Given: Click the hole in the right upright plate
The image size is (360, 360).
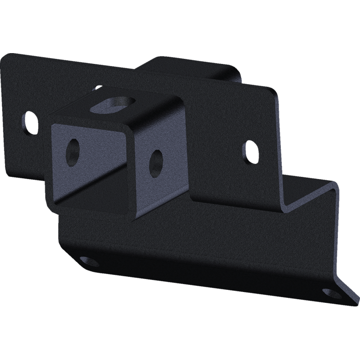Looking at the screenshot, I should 250,151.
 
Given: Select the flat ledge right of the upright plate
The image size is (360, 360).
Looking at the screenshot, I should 310,193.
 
